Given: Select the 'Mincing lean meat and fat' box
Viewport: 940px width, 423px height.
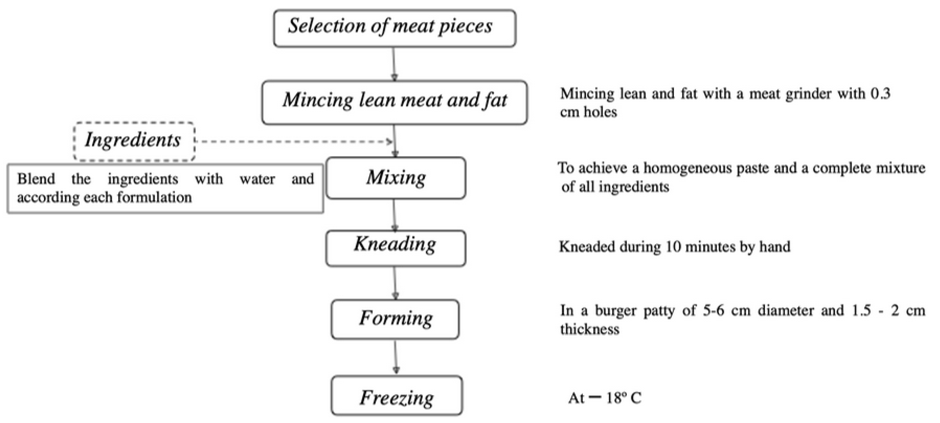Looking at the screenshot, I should pos(394,102).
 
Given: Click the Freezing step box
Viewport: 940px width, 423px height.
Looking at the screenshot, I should pos(397,396).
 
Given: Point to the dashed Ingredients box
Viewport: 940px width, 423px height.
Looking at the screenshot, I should pos(134,141).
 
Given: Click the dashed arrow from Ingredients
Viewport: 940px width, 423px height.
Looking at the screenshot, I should pos(292,141).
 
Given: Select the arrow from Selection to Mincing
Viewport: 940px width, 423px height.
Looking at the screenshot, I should pos(394,64).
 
